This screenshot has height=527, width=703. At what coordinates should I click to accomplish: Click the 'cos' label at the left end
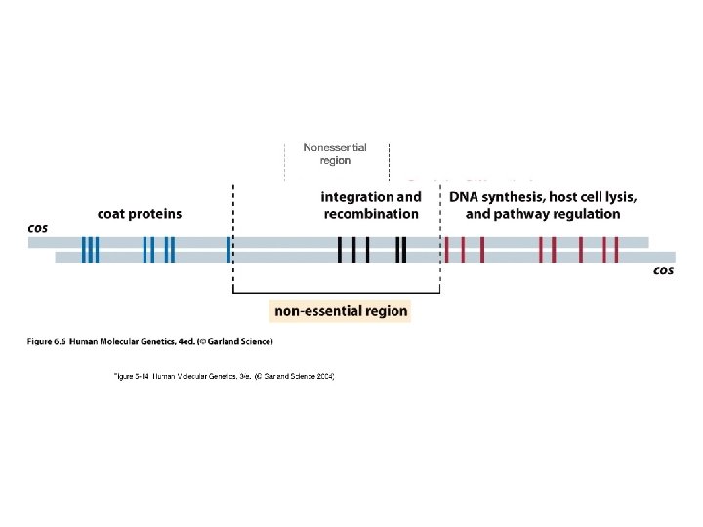click(x=38, y=228)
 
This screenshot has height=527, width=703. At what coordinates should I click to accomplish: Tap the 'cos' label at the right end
click(x=664, y=270)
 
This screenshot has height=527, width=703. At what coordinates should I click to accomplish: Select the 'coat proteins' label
click(x=140, y=214)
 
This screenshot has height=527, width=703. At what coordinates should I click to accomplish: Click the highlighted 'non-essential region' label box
click(x=341, y=311)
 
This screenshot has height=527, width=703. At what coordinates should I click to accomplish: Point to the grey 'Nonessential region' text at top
click(x=335, y=154)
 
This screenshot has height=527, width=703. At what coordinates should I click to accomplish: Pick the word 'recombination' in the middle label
click(x=371, y=214)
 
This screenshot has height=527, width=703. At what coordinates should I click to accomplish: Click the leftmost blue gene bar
click(x=84, y=250)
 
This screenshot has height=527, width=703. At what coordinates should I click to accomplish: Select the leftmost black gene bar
click(x=340, y=250)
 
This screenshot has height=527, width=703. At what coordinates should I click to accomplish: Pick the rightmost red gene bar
click(x=616, y=250)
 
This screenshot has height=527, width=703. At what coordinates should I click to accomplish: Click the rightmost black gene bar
click(x=403, y=250)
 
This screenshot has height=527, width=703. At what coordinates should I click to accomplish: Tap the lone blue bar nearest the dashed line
click(x=227, y=250)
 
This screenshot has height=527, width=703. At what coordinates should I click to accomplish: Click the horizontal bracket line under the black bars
click(x=336, y=292)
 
